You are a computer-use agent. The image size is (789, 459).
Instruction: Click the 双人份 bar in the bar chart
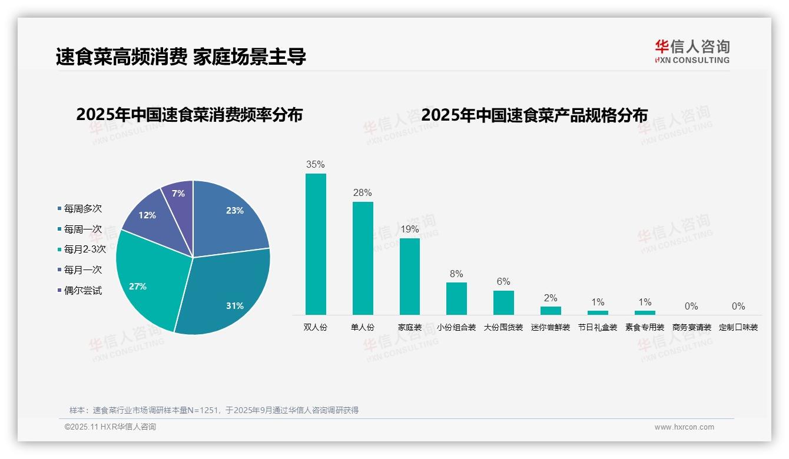click(x=316, y=244)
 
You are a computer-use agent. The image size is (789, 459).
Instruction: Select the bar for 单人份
click(x=363, y=258)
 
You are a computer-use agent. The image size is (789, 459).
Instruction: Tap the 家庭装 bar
click(x=410, y=277)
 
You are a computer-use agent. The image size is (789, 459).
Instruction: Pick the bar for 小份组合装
click(x=456, y=298)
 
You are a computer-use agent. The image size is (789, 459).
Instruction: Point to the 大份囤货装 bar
click(x=503, y=302)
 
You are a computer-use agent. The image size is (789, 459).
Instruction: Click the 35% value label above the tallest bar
click(x=316, y=165)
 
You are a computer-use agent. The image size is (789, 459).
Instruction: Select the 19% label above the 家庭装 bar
click(x=410, y=229)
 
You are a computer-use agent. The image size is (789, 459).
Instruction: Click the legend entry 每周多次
click(x=82, y=209)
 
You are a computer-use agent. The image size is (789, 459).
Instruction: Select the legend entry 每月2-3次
click(x=85, y=250)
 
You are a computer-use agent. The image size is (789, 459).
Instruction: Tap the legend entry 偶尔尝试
click(x=82, y=291)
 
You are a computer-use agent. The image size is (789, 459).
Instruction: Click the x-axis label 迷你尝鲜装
click(x=551, y=327)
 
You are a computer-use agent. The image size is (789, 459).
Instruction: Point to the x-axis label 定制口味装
click(x=738, y=327)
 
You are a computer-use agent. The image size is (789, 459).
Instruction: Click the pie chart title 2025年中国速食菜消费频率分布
click(x=189, y=115)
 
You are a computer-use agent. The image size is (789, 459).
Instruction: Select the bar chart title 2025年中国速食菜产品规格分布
click(x=534, y=115)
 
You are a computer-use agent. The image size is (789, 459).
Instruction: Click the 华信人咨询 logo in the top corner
click(x=692, y=51)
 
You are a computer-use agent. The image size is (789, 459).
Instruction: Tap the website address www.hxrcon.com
click(x=684, y=427)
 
